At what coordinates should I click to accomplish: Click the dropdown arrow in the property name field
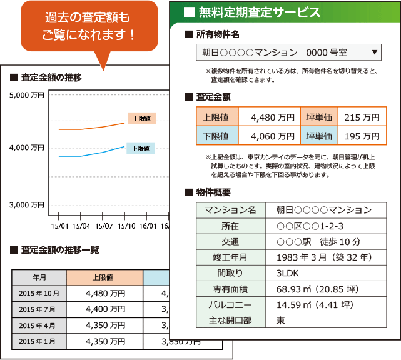coord(374,52)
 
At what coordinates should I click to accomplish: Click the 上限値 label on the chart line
coord(141,118)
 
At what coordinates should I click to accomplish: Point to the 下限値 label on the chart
coord(141,148)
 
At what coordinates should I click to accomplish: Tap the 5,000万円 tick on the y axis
coord(27,96)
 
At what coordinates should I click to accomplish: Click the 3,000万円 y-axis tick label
coord(27,205)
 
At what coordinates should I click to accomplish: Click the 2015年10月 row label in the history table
coord(39,292)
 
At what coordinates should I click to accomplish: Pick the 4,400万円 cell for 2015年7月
coord(104,309)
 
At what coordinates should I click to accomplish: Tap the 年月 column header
coord(39,276)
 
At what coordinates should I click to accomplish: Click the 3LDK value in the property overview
coord(287,273)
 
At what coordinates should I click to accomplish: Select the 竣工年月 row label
coord(231,257)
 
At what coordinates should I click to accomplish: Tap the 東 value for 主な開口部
coord(281,321)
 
